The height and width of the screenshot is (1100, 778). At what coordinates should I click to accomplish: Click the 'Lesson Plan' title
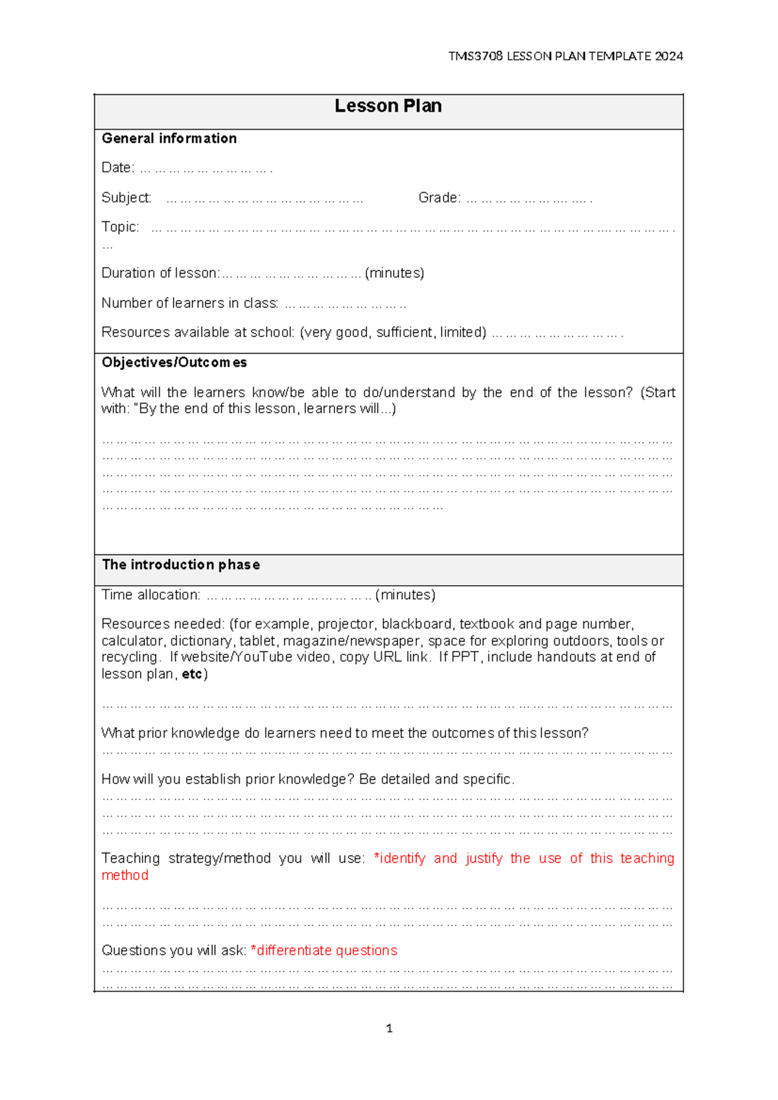tap(388, 106)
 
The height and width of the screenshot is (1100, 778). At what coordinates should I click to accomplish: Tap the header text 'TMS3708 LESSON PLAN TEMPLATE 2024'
tap(565, 56)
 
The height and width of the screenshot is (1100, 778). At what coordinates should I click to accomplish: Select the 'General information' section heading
tap(169, 138)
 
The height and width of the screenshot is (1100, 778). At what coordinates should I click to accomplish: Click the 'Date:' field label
tap(117, 168)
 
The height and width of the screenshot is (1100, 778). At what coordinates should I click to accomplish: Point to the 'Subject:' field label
tap(126, 198)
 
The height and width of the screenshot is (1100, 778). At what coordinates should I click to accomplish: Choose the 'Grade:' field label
tap(439, 198)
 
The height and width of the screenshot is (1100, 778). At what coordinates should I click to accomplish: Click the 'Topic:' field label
tap(120, 227)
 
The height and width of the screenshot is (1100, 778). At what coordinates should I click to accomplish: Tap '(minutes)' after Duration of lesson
tap(394, 273)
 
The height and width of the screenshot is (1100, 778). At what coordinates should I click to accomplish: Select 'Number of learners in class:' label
tap(190, 303)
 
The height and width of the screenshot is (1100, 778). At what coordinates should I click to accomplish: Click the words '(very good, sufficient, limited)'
tap(393, 333)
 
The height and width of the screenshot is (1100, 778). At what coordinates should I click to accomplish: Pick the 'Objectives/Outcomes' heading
tap(174, 363)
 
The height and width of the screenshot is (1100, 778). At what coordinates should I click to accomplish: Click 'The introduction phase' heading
tap(181, 565)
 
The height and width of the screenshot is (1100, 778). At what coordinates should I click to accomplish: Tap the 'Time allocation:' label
tap(150, 595)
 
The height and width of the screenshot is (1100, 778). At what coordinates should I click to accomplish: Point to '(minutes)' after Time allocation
tap(405, 595)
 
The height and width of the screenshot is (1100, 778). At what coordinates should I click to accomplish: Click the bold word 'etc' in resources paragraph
tap(192, 675)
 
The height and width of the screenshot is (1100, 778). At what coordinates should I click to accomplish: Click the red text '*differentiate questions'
tap(324, 951)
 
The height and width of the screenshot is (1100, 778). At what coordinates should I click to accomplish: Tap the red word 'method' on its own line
tap(124, 876)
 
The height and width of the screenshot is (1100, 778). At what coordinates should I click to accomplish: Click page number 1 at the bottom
tap(389, 1028)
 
